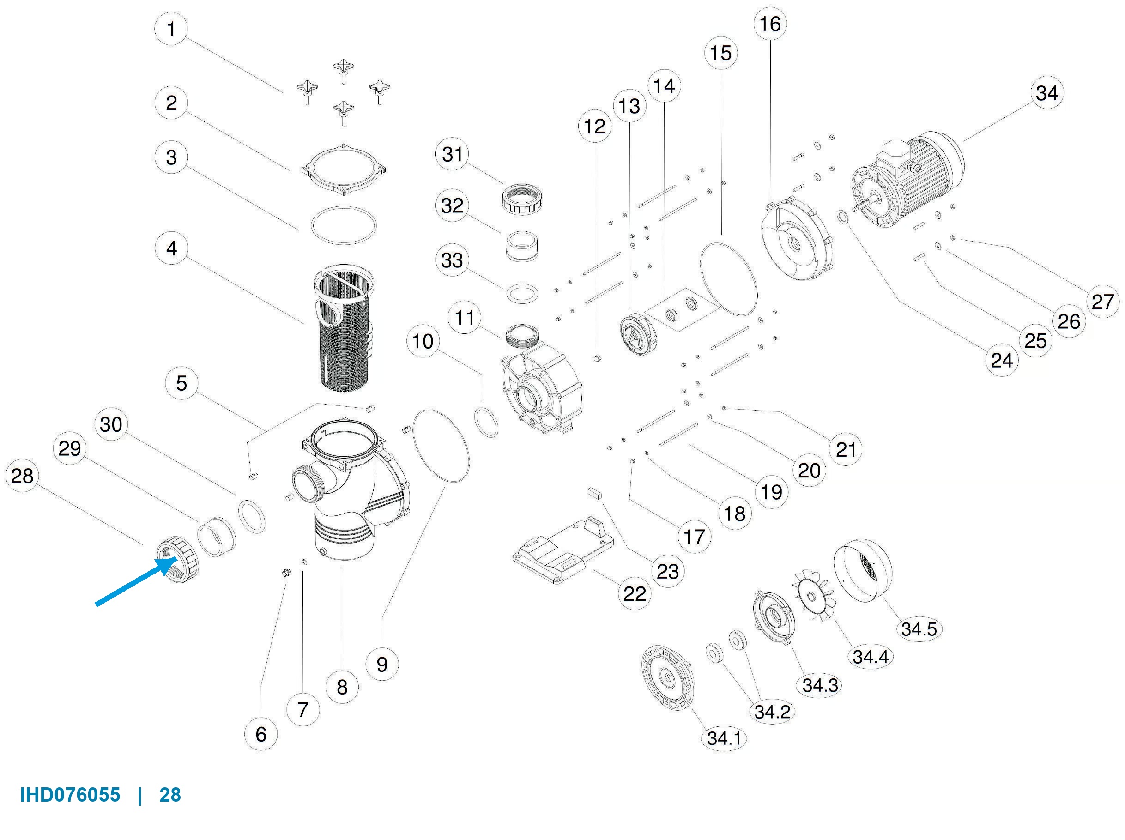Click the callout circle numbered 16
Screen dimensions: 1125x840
770,24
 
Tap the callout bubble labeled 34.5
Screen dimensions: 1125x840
919,629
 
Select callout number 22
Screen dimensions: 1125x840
635,593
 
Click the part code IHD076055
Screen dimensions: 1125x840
70,795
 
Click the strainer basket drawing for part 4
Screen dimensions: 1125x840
344,328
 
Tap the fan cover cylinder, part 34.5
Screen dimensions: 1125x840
862,570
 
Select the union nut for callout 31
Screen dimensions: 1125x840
521,199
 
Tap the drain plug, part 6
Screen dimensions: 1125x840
286,574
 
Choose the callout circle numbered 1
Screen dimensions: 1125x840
171,29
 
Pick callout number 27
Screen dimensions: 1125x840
1102,302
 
